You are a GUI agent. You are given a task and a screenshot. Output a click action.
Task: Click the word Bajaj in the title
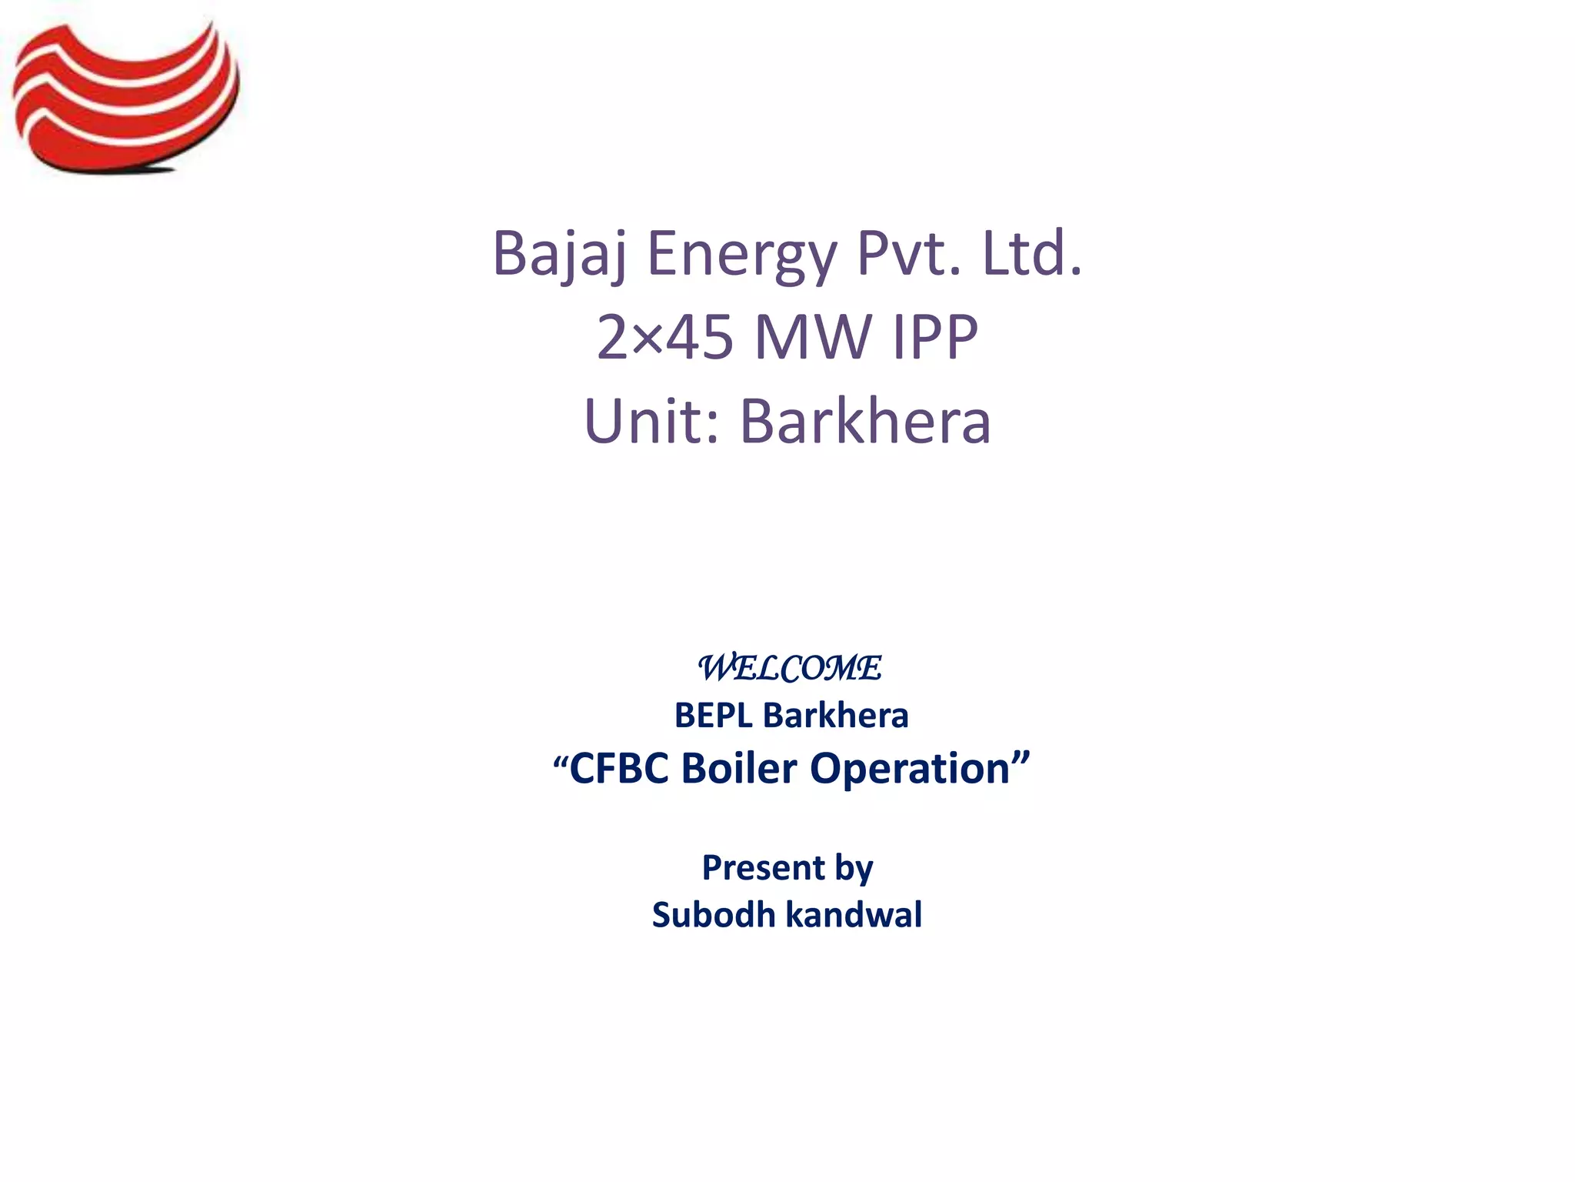559,254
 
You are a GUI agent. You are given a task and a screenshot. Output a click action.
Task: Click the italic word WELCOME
789,668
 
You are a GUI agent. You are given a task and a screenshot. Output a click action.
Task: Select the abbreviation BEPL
713,716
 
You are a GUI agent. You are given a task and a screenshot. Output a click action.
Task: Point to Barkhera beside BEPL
836,716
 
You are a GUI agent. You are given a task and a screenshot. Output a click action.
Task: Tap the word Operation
910,769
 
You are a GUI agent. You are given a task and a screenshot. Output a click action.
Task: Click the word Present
763,868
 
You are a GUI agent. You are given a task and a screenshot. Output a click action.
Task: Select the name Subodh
714,915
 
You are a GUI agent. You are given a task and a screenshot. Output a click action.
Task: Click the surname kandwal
854,915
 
